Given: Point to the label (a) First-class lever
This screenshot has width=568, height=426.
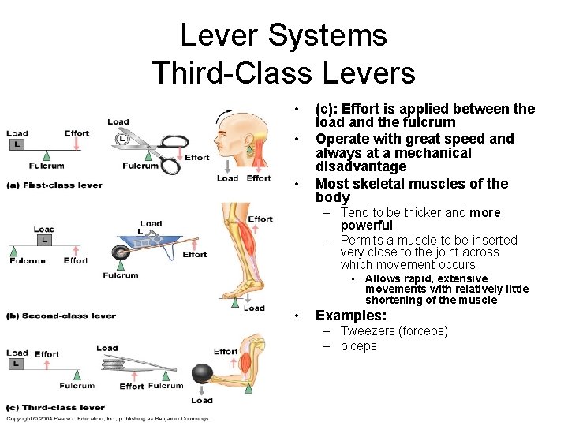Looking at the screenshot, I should [x=54, y=185].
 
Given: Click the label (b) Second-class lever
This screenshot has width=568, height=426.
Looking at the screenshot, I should [x=61, y=316].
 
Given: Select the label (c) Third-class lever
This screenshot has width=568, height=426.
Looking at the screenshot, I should [x=54, y=407].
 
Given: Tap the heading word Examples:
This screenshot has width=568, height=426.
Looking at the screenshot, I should [x=352, y=316].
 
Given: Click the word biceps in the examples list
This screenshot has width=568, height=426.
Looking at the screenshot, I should [x=359, y=346].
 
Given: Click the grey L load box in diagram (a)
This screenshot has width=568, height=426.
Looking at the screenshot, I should [x=16, y=144].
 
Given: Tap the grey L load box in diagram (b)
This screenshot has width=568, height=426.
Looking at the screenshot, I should [x=44, y=240].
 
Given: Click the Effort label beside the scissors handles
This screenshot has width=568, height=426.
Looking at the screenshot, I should [x=196, y=157].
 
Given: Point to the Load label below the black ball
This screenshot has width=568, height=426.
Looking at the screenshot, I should [x=202, y=400].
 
